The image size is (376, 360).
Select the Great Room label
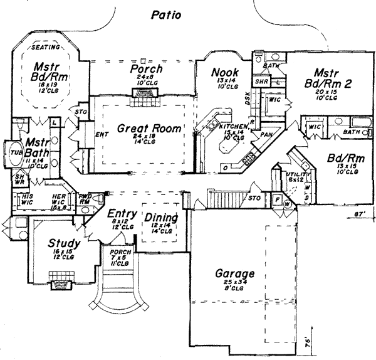(150, 129)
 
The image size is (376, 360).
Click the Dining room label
(161, 219)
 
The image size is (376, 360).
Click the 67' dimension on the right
(358, 214)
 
